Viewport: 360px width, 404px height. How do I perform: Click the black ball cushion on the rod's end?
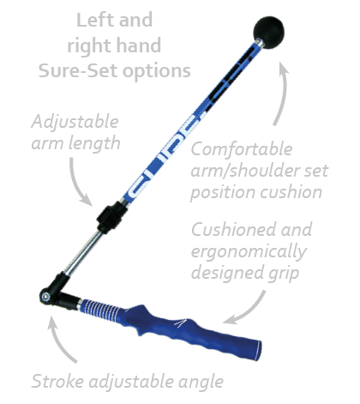click(x=268, y=33)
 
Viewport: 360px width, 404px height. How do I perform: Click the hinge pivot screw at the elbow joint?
click(x=45, y=296)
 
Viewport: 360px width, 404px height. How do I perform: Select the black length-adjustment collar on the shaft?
click(x=112, y=217)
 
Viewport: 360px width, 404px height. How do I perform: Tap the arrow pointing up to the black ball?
click(x=280, y=93)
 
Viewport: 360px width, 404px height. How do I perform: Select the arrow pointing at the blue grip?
click(x=246, y=311)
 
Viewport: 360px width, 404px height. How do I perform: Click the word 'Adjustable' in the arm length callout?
click(x=75, y=122)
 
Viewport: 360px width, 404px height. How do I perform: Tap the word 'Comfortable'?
click(x=242, y=149)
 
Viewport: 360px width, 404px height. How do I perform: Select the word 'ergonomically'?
click(x=249, y=252)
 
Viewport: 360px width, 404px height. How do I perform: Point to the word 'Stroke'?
click(x=57, y=382)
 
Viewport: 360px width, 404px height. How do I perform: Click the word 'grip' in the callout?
click(x=284, y=274)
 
